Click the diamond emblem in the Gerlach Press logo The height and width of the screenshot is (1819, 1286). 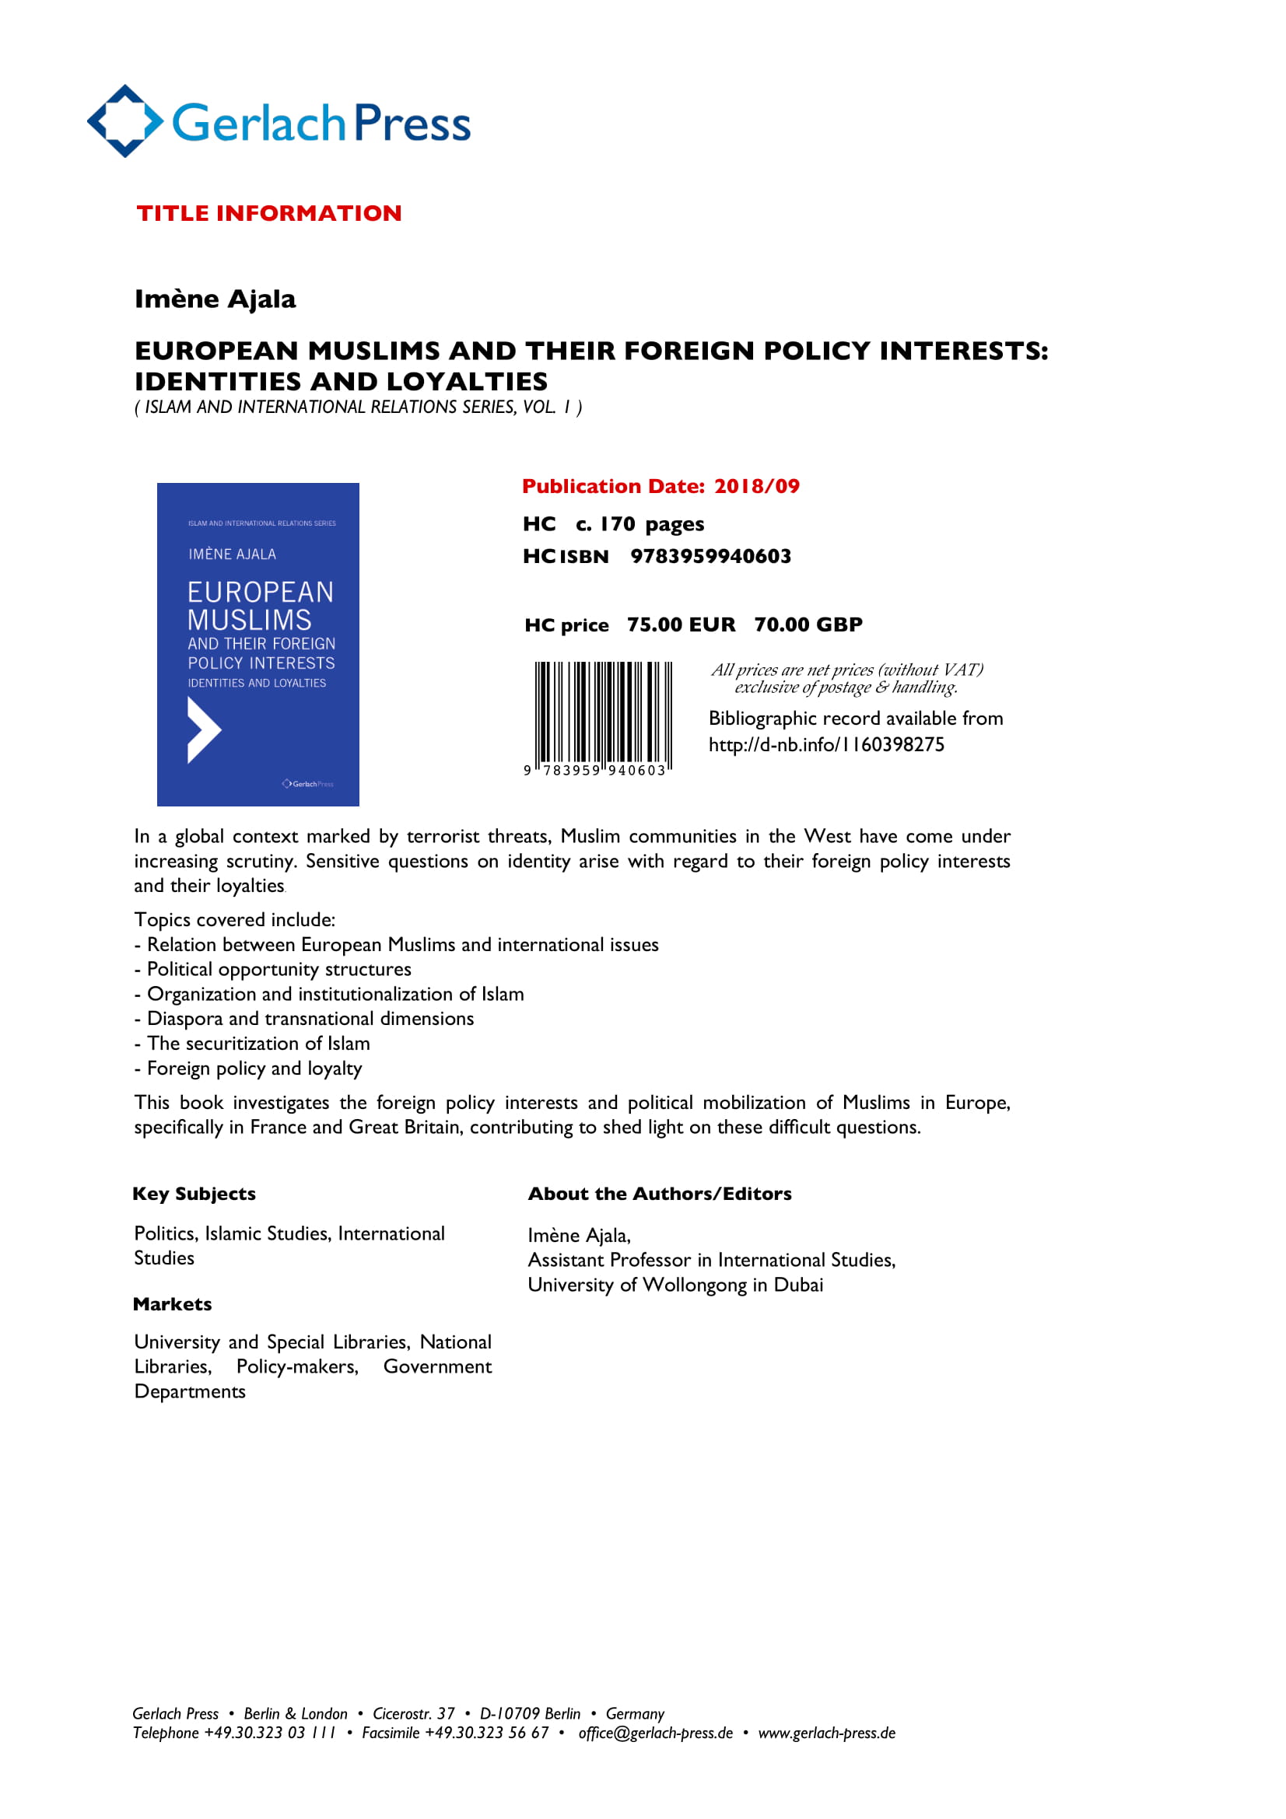[124, 121]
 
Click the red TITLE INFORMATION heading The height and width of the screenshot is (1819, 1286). [268, 213]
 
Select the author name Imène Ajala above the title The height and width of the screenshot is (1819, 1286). [215, 299]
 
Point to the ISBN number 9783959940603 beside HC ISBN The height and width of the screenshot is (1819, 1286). [710, 556]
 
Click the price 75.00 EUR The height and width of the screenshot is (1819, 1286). [681, 624]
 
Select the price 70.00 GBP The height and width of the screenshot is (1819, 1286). [808, 624]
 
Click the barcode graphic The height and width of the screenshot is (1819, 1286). [603, 712]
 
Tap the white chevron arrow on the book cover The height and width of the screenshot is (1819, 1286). [203, 729]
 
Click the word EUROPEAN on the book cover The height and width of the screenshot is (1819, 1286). [260, 592]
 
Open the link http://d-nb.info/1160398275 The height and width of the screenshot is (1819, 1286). [825, 745]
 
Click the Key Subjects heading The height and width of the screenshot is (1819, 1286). [194, 1194]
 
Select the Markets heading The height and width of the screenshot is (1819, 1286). [172, 1304]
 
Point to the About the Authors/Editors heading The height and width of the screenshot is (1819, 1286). [659, 1194]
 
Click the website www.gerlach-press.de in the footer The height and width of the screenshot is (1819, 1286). [826, 1733]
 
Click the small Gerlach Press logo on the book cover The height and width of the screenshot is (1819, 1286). [307, 784]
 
